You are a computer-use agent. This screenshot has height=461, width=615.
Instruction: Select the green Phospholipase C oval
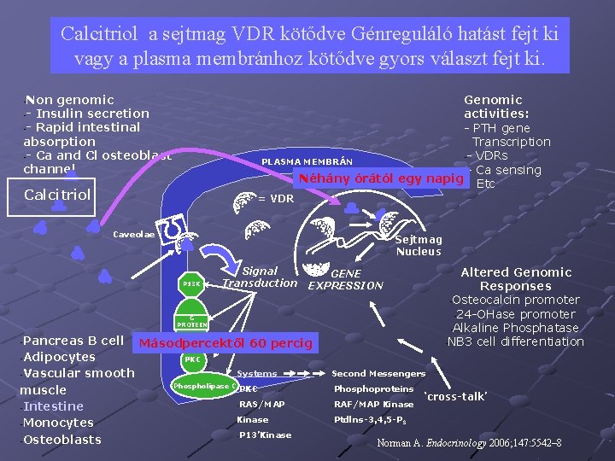(203, 386)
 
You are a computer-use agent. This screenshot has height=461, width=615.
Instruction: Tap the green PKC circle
(193, 359)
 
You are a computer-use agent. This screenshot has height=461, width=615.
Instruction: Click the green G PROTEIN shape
(192, 320)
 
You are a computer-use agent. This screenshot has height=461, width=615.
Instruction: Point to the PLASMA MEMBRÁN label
(307, 162)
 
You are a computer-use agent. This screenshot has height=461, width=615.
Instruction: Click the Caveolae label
(134, 234)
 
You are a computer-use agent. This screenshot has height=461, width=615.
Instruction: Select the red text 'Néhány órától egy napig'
(379, 179)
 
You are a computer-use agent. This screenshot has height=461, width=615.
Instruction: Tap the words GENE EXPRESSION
(345, 279)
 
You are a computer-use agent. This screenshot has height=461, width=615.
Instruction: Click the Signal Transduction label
(260, 277)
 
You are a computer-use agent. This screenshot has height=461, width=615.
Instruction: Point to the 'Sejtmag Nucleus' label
(419, 246)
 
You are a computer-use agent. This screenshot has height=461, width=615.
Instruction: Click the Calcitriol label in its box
(57, 195)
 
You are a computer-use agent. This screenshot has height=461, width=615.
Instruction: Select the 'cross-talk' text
(456, 397)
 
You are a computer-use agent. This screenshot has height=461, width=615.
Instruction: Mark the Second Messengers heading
(378, 374)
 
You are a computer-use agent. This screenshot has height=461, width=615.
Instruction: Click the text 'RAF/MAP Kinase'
(374, 404)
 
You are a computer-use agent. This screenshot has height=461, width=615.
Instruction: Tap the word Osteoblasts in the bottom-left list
(63, 440)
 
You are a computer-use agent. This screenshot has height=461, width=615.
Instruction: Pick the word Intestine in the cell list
(54, 406)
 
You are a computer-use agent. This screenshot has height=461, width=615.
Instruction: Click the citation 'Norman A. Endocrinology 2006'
(468, 444)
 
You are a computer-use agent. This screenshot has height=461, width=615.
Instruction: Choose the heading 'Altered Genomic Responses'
(516, 279)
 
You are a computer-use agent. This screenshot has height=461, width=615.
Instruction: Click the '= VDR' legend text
(276, 199)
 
